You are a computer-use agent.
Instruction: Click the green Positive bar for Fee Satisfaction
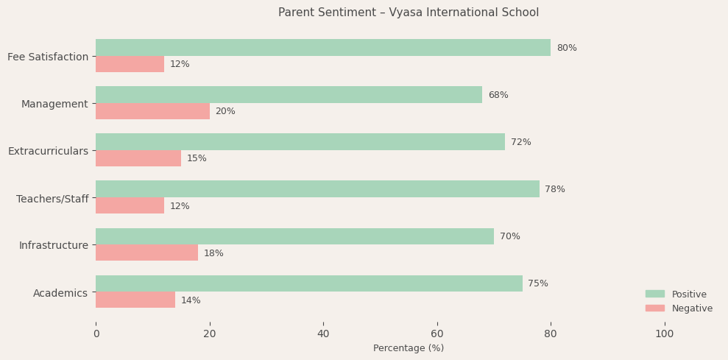tap(322, 48)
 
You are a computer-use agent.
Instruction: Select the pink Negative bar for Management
tap(152, 111)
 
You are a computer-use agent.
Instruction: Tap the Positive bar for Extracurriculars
tap(300, 142)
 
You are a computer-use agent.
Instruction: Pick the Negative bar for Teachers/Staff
tap(130, 205)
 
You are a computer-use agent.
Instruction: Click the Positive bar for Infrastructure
tap(294, 236)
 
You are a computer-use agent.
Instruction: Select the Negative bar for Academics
tap(135, 300)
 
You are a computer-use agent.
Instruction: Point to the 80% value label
tap(566, 48)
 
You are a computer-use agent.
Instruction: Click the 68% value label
tap(498, 95)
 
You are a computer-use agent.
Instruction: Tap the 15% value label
tap(197, 158)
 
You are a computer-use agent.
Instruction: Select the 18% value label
tap(213, 253)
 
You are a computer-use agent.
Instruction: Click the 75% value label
tap(537, 283)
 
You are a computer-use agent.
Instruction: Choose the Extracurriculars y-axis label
tap(48, 151)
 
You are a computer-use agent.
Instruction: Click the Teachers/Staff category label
tap(52, 199)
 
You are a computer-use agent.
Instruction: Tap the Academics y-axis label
tap(60, 293)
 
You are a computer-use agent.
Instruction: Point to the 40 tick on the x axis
tap(323, 334)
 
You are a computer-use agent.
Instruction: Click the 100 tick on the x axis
tap(664, 334)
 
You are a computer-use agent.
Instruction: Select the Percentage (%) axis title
tap(408, 348)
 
